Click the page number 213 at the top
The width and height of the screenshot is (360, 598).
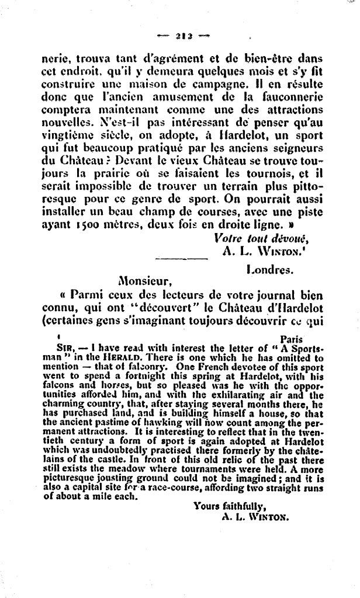(184, 36)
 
